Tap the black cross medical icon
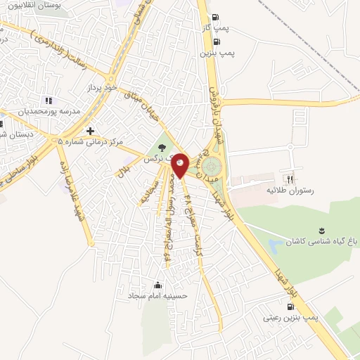click(90, 131)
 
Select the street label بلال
click(121, 171)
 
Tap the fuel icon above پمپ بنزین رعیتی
click(290, 307)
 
